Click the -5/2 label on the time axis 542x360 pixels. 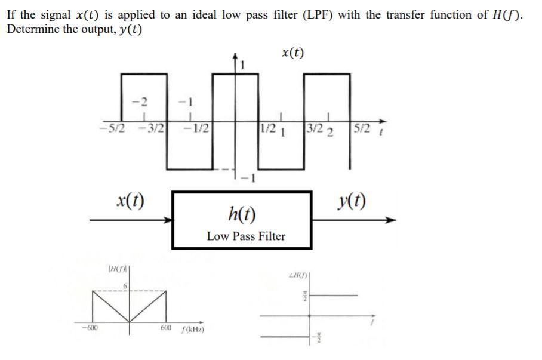[x=109, y=128]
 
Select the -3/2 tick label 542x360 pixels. [x=153, y=128]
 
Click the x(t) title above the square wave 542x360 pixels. [x=292, y=53]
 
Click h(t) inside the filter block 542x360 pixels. [x=242, y=212]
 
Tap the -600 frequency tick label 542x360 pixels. [x=90, y=327]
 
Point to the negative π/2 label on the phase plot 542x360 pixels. [x=317, y=337]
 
